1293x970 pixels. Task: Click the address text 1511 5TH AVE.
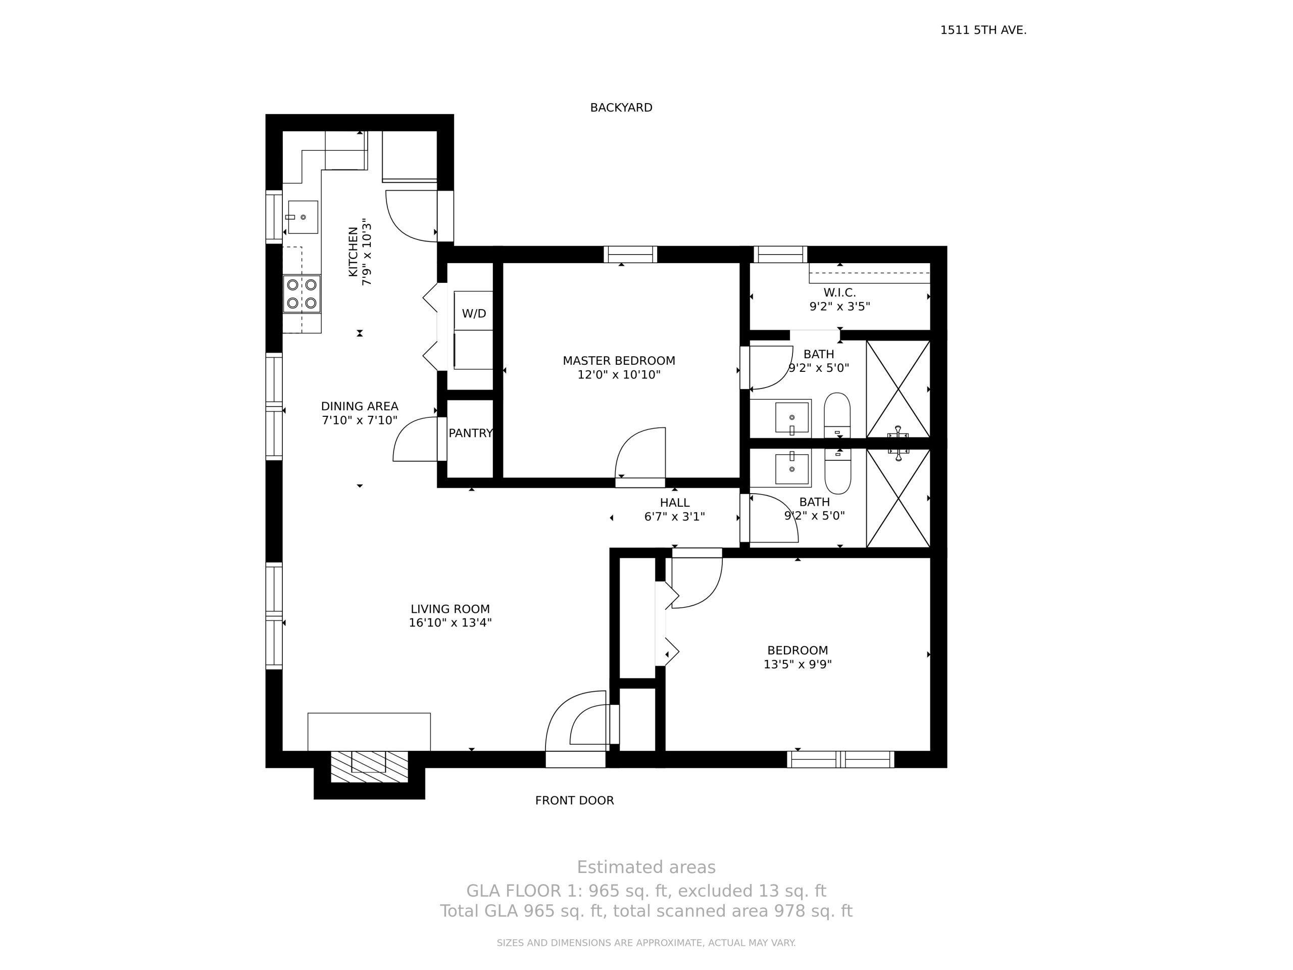983,30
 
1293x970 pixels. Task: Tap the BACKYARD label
621,108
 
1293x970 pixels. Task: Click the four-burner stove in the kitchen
302,294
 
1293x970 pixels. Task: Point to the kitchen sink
303,217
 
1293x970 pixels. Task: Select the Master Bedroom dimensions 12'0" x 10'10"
619,375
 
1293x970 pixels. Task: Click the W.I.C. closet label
839,293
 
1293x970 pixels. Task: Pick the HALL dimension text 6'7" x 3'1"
675,517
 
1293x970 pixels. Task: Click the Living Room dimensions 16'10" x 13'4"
450,623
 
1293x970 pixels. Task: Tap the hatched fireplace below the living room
369,766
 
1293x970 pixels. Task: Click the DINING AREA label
360,406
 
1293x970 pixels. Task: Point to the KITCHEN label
353,252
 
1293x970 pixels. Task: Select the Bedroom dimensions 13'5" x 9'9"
798,664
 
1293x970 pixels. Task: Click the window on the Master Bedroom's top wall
630,254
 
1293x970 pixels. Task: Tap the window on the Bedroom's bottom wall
840,759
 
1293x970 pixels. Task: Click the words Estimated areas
646,867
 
